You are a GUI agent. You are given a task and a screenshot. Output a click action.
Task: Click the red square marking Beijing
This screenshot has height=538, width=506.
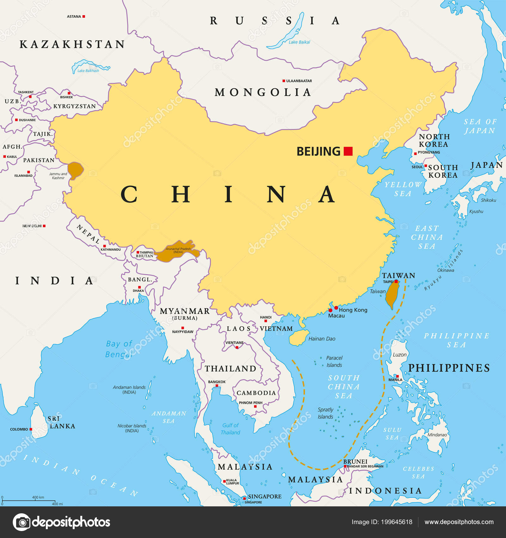(x=348, y=151)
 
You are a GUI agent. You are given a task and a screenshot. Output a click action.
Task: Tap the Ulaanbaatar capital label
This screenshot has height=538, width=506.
(x=299, y=81)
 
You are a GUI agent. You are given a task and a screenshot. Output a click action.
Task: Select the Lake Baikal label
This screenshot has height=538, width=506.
(x=299, y=42)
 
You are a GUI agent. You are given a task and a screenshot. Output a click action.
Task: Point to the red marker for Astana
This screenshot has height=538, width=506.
(x=84, y=16)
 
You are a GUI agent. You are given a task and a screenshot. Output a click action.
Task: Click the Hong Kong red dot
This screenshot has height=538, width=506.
(x=336, y=308)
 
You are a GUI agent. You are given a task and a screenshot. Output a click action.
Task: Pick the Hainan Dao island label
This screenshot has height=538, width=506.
(x=322, y=339)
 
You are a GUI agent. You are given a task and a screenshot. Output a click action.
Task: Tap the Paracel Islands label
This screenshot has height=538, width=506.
(x=334, y=361)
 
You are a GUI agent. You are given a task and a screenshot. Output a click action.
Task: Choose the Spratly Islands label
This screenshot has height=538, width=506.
(x=325, y=413)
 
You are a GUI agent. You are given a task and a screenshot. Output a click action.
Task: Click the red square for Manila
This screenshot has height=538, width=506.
(x=398, y=376)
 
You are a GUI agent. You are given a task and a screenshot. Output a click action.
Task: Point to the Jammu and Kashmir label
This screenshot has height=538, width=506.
(x=58, y=176)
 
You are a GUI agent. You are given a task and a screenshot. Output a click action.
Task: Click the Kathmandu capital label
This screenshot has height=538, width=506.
(x=111, y=249)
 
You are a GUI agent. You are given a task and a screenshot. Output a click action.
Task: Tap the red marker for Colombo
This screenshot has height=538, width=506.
(x=31, y=429)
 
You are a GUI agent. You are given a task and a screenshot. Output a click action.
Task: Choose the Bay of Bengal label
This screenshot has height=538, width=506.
(x=119, y=349)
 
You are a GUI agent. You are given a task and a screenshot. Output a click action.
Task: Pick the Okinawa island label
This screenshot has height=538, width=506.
(x=446, y=270)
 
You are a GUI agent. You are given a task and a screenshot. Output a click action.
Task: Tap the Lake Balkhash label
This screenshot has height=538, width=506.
(x=88, y=71)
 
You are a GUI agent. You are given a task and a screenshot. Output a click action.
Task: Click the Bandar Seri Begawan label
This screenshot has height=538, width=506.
(x=365, y=466)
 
